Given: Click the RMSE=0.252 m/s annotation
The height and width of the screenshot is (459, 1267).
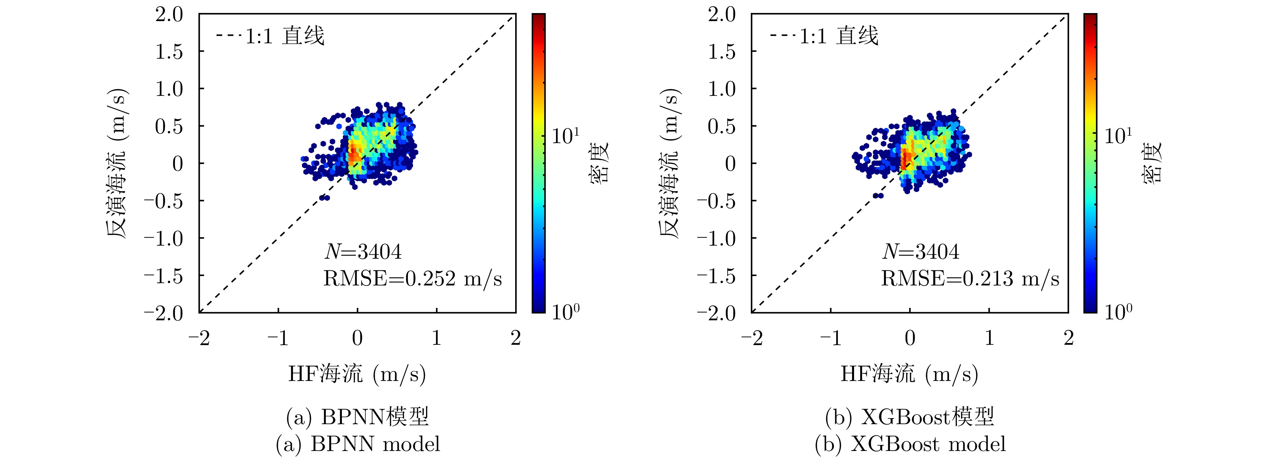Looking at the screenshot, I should [x=412, y=279].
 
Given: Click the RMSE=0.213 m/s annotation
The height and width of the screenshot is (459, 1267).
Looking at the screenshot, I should [x=969, y=279].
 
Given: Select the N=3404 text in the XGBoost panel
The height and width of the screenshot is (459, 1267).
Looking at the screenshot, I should [x=920, y=252].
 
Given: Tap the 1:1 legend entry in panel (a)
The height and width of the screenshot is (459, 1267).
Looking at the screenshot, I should [x=270, y=36].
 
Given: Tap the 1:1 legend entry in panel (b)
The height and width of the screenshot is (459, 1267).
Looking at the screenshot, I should [x=824, y=36].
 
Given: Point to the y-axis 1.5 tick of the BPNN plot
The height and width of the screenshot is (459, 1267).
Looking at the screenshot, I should [x=169, y=52].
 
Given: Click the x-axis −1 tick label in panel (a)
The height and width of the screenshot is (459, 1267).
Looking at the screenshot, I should [x=278, y=338].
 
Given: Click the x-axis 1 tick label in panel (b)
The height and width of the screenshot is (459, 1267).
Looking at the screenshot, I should [x=989, y=338].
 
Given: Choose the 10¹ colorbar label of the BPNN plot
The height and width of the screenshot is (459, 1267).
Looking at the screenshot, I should [x=565, y=136].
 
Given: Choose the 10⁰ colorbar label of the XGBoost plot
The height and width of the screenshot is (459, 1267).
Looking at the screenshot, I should [x=1118, y=312].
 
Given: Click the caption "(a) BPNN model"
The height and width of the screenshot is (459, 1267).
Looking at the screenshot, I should [x=358, y=444].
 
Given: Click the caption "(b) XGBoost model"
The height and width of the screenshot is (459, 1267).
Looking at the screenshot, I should [x=910, y=444].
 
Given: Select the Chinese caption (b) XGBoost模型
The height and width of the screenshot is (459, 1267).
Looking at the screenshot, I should [x=910, y=417].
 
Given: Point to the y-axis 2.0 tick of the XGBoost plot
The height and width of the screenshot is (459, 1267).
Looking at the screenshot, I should [x=722, y=14].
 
